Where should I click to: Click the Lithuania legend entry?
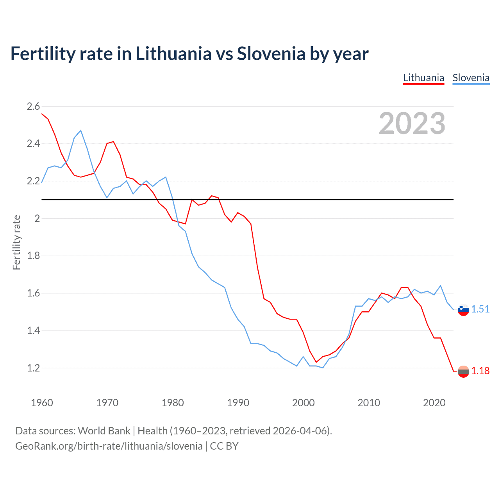click(x=423, y=78)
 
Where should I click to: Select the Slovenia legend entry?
click(x=471, y=78)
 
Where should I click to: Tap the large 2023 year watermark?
click(x=412, y=123)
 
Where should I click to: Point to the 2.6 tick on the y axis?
click(x=33, y=106)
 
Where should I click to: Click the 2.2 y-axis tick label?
click(x=33, y=181)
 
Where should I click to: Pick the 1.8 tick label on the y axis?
click(x=33, y=256)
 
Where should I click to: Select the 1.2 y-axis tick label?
click(x=33, y=368)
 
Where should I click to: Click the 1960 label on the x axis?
click(x=42, y=403)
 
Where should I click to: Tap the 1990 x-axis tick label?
click(x=238, y=403)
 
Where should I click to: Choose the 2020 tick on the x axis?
click(x=434, y=403)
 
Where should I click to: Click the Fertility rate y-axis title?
click(x=16, y=242)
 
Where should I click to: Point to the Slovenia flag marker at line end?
click(x=463, y=309)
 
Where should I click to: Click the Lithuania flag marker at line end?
click(x=463, y=371)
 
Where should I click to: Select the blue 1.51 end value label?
click(x=480, y=309)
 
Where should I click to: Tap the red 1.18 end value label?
click(x=480, y=371)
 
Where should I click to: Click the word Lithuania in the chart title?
click(x=173, y=54)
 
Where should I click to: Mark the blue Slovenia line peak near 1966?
click(x=81, y=130)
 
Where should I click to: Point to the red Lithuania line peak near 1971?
click(x=113, y=142)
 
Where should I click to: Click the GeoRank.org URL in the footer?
click(x=109, y=446)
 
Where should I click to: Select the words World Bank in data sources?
click(x=104, y=431)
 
